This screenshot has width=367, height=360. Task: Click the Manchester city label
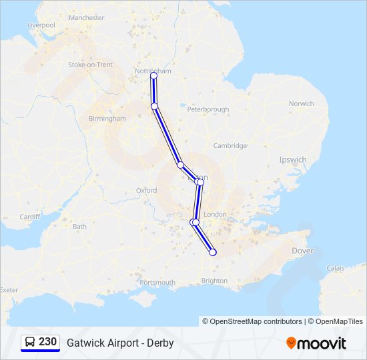point(87,17)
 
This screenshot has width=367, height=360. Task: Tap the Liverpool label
point(41,25)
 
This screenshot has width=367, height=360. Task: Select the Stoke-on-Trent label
point(90,65)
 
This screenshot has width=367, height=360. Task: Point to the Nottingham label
point(152,71)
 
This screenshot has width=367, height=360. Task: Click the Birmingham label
point(107,118)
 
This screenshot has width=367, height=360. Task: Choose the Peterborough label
point(208,109)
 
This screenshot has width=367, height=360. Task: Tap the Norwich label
point(301,103)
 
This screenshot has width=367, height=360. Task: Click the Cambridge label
point(230,145)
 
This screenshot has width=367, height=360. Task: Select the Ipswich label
point(293,160)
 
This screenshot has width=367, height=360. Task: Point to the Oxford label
point(146,190)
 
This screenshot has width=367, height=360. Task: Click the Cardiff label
point(30,217)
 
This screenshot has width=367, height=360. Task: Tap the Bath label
point(79,227)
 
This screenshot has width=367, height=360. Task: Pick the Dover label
point(302,251)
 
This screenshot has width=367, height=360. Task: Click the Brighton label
point(214,281)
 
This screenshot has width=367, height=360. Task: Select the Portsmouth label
point(157,283)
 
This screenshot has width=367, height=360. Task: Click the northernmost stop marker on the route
point(154,76)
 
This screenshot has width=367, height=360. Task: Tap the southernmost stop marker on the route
point(213,252)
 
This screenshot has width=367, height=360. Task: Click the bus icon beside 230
point(30,342)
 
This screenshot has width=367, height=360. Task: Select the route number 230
point(48,342)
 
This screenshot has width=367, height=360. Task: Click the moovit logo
point(316,343)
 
